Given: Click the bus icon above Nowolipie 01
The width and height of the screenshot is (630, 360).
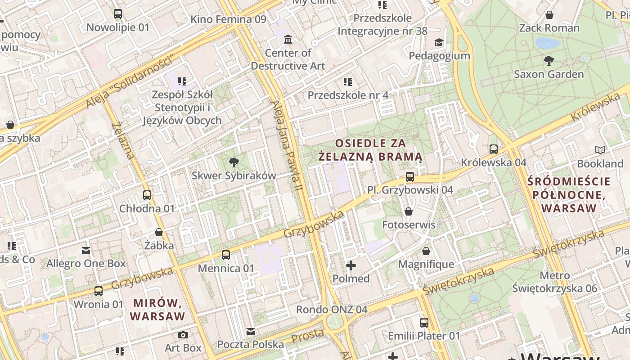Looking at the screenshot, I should point(117,14).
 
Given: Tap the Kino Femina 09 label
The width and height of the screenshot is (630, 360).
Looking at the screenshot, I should point(228,19).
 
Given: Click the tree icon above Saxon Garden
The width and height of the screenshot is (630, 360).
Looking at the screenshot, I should point(549,60).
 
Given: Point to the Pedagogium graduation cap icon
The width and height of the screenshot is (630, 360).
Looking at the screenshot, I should point(438,42).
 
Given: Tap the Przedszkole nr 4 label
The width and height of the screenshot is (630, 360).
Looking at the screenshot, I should point(348,95).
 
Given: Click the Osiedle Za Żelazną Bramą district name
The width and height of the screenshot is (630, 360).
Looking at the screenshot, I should point(370,150).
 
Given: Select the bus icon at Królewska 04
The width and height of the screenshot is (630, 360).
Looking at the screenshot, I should point(494,149).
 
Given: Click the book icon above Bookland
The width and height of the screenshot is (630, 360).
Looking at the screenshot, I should point(600,150).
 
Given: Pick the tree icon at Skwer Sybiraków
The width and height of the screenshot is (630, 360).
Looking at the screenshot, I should point(234,162).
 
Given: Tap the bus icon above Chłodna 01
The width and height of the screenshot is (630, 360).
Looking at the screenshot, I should point(147,195).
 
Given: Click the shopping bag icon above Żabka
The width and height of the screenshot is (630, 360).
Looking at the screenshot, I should point(159,232).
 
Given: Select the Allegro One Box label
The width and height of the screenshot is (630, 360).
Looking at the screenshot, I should point(86,263).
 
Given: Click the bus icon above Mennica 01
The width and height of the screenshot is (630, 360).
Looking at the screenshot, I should point(226,255).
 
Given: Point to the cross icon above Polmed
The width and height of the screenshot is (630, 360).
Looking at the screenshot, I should point(351,265).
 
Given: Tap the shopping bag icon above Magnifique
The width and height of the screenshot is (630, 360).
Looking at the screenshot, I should point(426,251).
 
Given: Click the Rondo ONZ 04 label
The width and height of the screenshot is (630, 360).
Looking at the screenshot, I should point(331,310).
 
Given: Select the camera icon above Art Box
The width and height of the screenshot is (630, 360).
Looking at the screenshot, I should point(183,335).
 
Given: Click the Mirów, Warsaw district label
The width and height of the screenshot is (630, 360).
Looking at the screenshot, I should point(157,309).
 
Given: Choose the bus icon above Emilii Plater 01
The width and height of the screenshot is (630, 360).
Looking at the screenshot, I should point(424,322).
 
